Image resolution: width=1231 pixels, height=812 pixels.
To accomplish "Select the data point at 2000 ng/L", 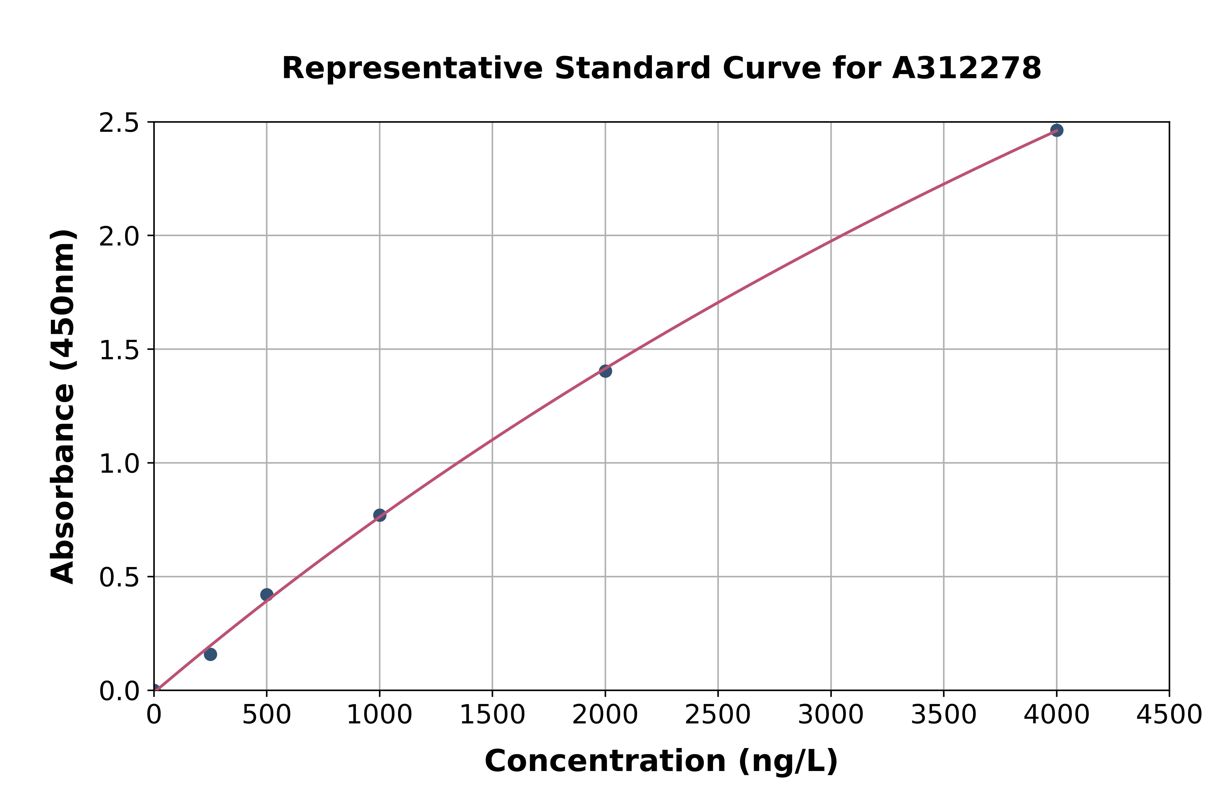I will click(x=605, y=371).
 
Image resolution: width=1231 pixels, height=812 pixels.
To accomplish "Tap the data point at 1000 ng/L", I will click(x=380, y=515).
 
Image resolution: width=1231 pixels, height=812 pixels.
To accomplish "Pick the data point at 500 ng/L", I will click(x=267, y=594).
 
